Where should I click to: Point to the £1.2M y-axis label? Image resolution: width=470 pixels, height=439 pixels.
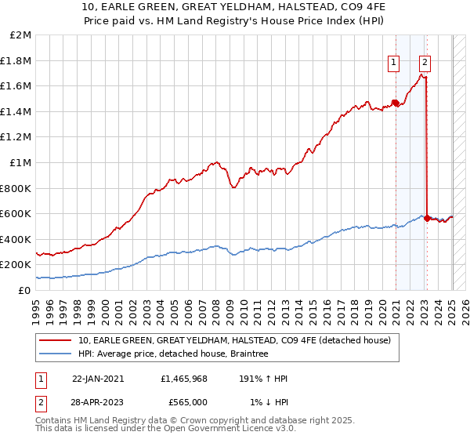click(17, 136)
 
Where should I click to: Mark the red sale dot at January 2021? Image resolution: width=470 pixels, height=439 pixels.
click(396, 103)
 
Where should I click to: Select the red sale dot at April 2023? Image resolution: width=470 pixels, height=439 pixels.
click(427, 218)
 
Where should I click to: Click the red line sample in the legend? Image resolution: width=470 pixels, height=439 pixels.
click(56, 340)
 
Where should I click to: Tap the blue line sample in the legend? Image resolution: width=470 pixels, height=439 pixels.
click(56, 354)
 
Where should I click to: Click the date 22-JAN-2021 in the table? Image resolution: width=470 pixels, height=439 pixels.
click(97, 378)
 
